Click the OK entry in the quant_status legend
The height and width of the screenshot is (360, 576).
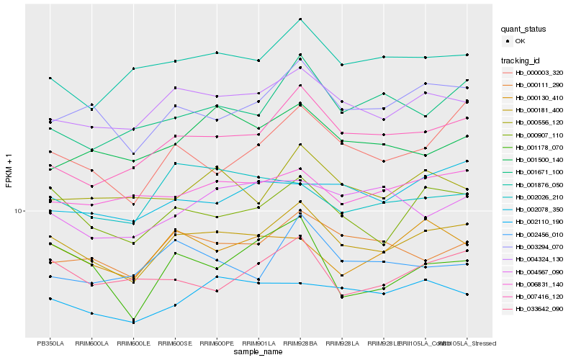(520, 42)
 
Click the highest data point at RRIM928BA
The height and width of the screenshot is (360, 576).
(300, 19)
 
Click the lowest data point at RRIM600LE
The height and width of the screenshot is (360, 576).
(133, 322)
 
